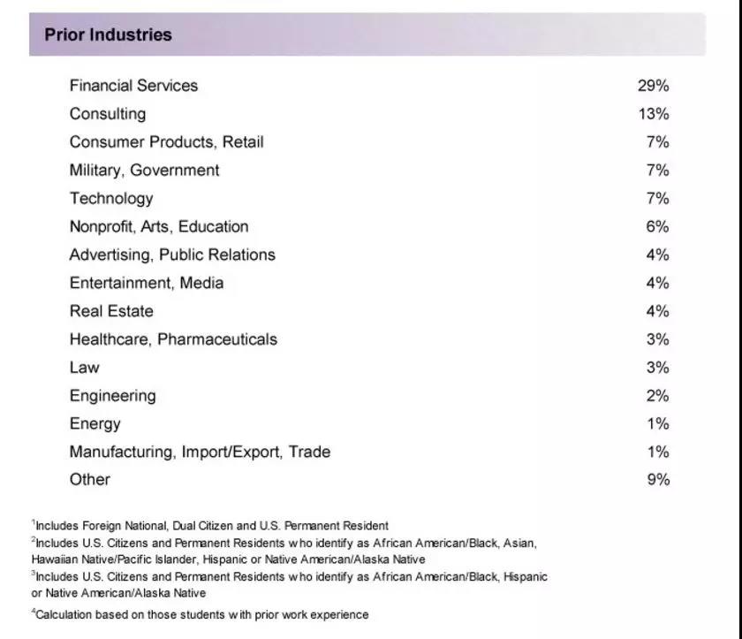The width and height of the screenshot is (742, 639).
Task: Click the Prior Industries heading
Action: [108, 35]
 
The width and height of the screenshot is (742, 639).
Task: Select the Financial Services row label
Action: [133, 86]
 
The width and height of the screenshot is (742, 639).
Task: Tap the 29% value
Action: [653, 86]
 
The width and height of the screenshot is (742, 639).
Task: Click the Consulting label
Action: [108, 114]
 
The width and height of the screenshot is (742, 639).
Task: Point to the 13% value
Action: [653, 114]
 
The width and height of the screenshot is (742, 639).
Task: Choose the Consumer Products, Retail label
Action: [166, 142]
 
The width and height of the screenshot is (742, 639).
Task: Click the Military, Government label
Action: [144, 171]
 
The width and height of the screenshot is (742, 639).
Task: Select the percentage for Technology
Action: [657, 199]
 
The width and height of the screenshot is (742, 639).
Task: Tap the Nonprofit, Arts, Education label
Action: [159, 227]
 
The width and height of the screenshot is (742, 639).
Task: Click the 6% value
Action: [657, 227]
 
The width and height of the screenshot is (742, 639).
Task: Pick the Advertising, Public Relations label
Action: [172, 255]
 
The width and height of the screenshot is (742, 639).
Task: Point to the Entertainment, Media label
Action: [147, 284]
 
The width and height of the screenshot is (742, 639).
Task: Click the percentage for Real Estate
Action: [657, 312]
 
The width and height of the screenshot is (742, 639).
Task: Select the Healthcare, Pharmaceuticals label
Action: [173, 339]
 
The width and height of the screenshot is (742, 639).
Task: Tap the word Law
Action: [85, 368]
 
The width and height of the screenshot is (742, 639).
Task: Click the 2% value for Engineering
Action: [657, 396]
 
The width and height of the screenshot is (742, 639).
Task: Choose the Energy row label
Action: [95, 424]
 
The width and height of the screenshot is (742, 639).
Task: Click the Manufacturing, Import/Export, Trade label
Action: [200, 453]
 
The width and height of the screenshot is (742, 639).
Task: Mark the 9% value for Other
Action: [657, 480]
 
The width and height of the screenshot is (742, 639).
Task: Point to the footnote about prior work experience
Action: [201, 614]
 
